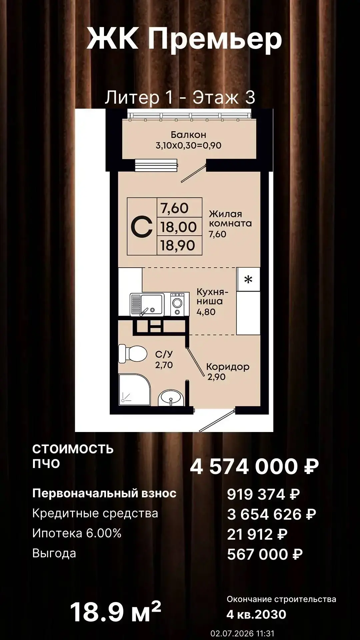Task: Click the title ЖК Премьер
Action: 184,39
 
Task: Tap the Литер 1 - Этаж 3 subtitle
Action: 180,97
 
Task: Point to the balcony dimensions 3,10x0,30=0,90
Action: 188,145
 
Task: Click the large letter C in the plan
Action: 142,227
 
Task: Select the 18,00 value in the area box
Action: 179,227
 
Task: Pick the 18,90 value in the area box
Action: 178,246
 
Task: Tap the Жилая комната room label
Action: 230,219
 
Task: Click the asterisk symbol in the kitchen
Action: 248,279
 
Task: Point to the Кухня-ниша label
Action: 212,297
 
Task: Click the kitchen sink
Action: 147,304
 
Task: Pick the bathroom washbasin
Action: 170,398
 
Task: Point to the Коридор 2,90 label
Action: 228,372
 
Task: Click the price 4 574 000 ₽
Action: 254,466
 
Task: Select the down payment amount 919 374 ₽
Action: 263,494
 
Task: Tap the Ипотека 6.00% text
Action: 77,533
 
